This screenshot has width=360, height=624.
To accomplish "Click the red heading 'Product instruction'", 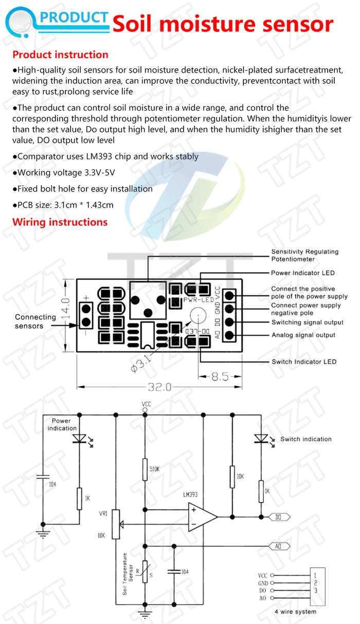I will pos(60,55).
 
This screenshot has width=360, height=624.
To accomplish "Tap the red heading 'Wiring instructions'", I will pos(60,222).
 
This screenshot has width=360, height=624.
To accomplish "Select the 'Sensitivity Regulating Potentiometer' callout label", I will pos(304,255).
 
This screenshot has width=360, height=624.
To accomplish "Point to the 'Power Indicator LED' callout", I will pos(302,273).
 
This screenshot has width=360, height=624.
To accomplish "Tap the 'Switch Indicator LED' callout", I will pos(303,362).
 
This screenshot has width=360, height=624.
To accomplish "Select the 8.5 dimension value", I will pos(220,377).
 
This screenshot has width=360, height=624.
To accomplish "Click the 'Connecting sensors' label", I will pos(35,321).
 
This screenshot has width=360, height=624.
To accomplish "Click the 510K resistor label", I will pos(154,469).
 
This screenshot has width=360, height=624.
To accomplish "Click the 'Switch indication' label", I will pos(305,439).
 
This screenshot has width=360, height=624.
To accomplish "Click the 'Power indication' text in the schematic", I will pos(63,424).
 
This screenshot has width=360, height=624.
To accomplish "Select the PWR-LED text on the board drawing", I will pos(197,299).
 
